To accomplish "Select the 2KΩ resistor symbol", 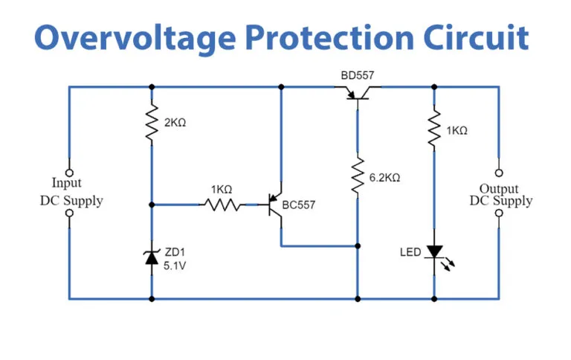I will click(152, 124).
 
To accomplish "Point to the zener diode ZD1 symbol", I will click(152, 257).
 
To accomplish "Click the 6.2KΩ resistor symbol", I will click(358, 177).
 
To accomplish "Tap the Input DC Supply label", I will click(71, 191).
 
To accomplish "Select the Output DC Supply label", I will click(500, 195).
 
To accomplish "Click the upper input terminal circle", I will click(70, 172).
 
